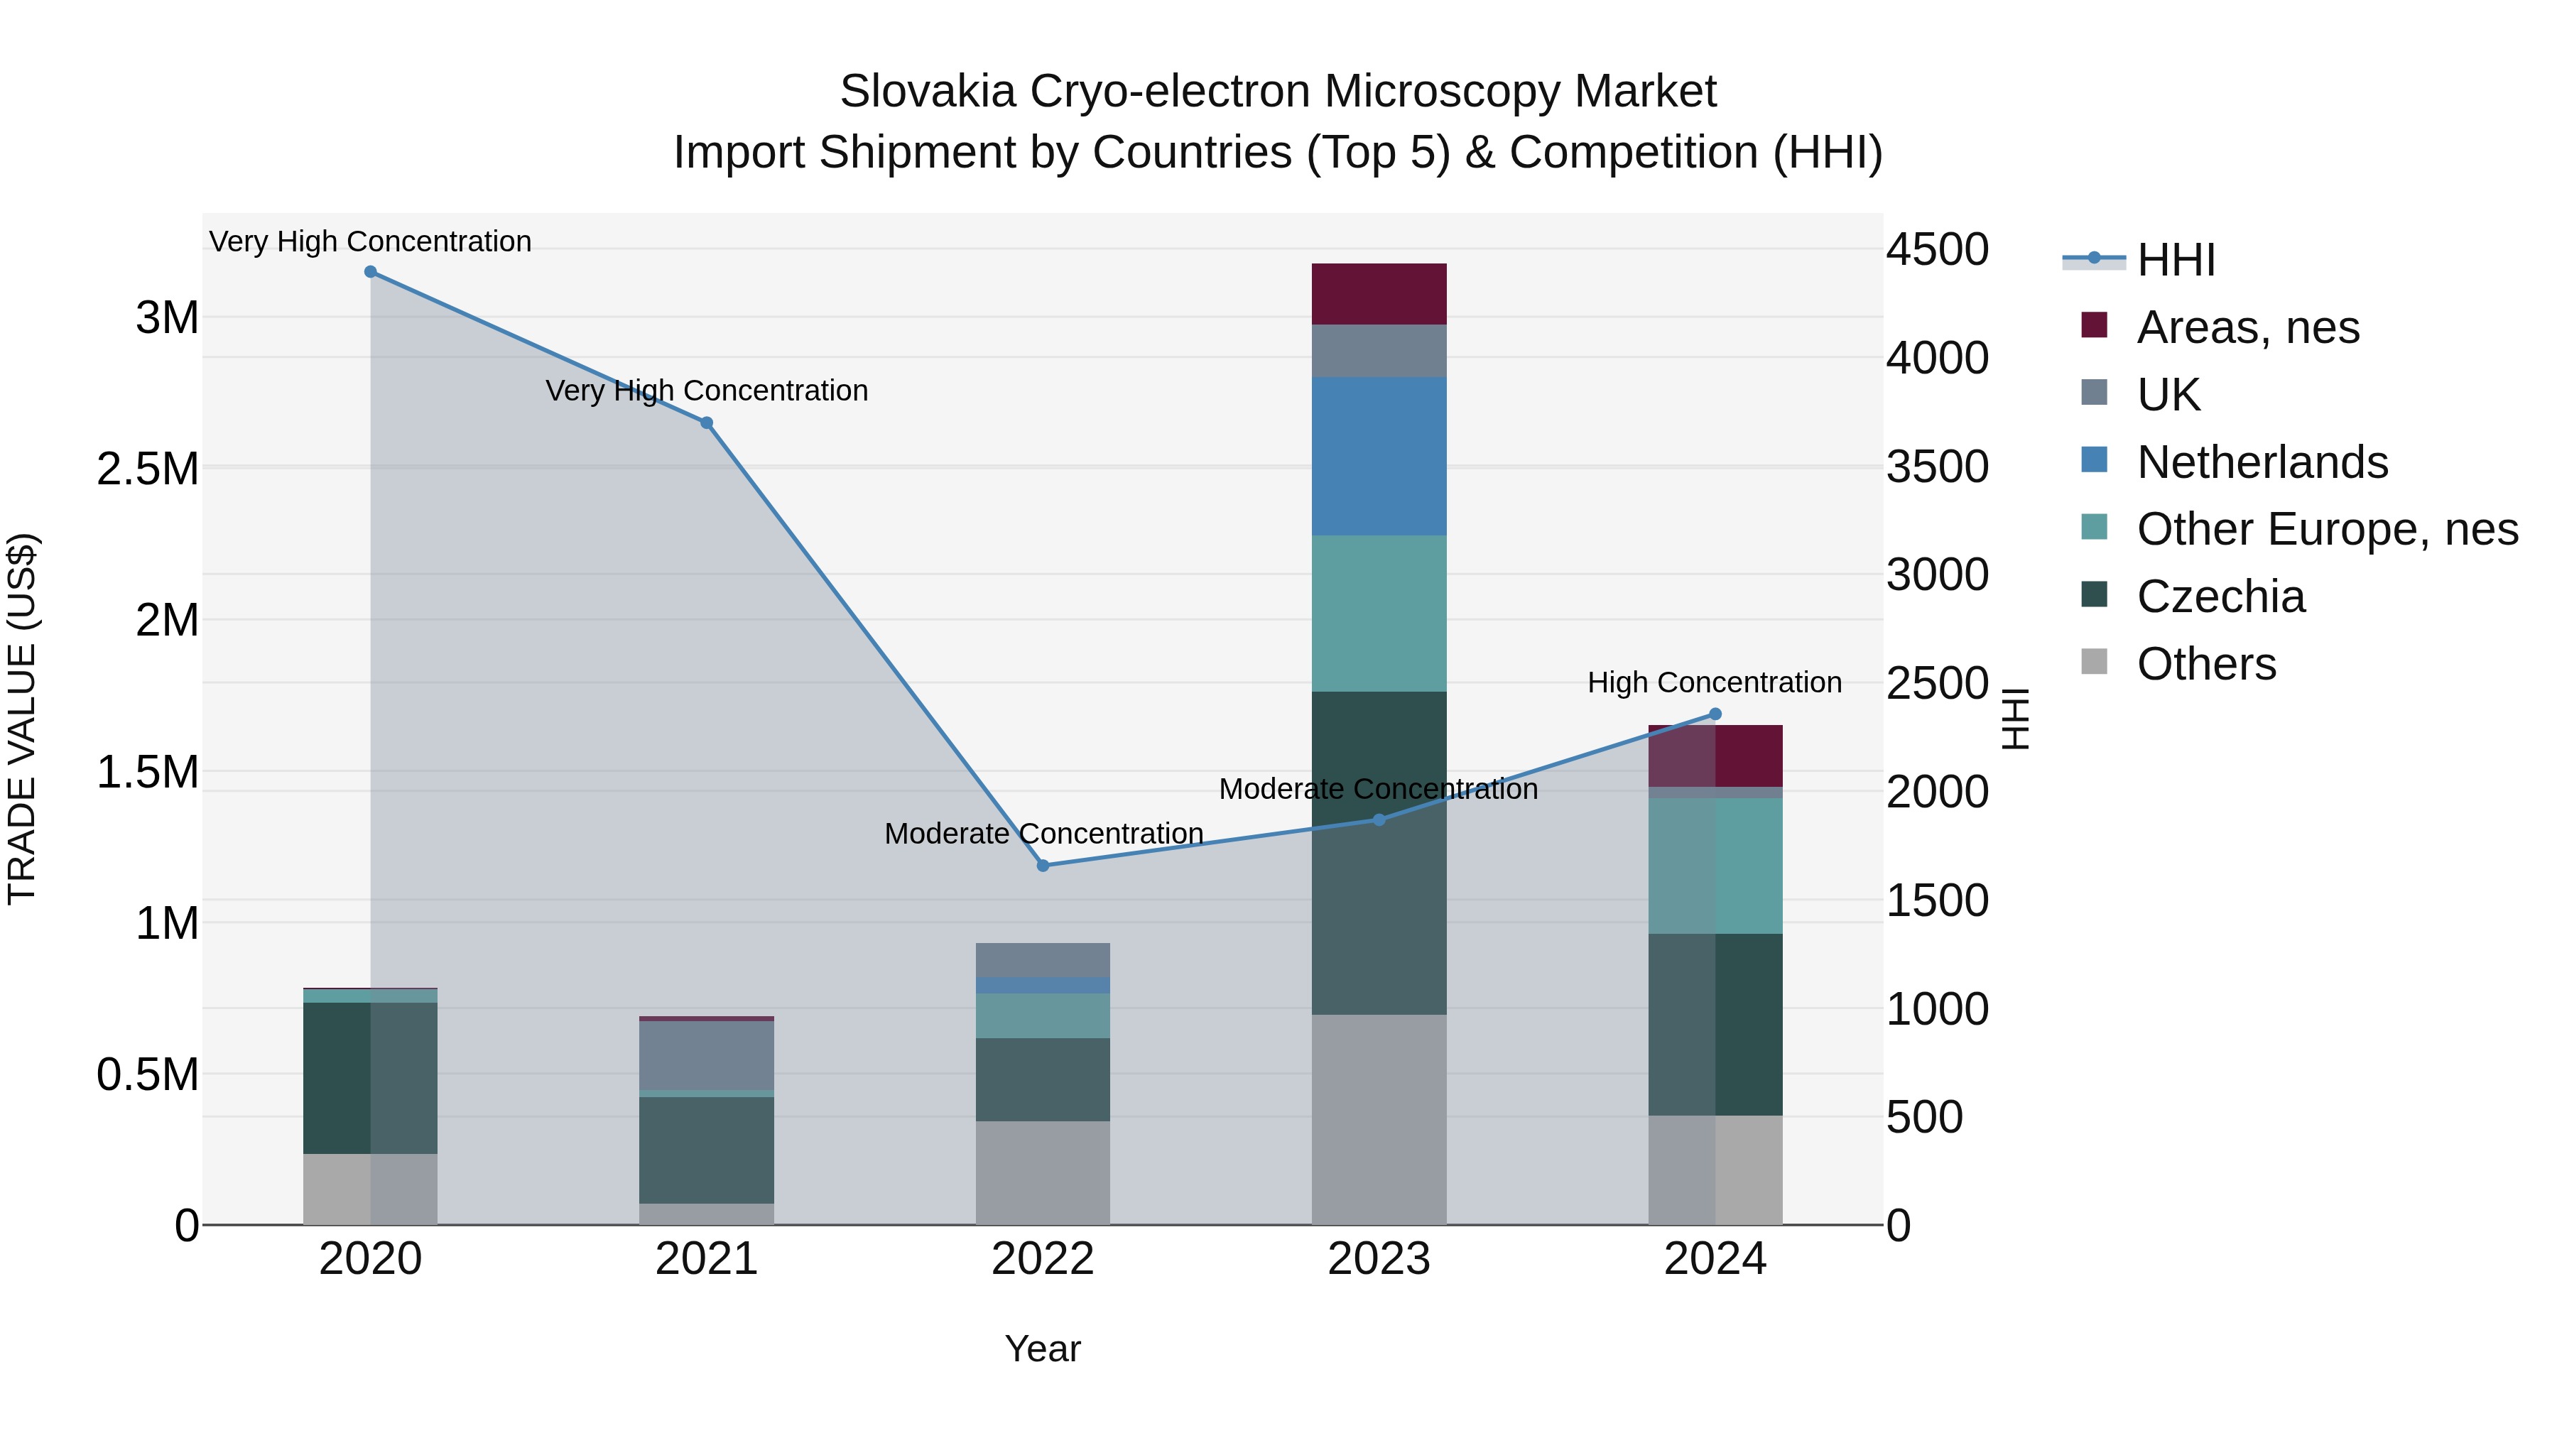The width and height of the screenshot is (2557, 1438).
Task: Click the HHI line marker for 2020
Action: [370, 272]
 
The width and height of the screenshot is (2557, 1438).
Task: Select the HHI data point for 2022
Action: [1042, 866]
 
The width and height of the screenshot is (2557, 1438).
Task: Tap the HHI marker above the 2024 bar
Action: [1715, 714]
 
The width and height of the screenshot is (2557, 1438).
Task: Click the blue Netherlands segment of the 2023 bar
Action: [1378, 457]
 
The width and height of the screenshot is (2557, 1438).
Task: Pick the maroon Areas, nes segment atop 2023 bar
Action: [1378, 294]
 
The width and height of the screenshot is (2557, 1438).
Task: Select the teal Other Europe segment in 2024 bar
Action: [1715, 866]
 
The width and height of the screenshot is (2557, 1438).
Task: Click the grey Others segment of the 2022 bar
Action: [1042, 1173]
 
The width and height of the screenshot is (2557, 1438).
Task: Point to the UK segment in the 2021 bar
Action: [706, 1055]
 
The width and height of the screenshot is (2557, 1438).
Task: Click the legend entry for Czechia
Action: [2220, 597]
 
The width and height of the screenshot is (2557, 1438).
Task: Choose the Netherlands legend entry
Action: [2262, 462]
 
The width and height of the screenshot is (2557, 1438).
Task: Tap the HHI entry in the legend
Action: [2175, 260]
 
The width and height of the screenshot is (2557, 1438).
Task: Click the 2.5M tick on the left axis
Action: [148, 469]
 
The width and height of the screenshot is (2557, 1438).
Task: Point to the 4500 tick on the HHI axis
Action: [1937, 249]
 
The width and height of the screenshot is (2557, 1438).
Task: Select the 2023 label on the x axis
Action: [1378, 1259]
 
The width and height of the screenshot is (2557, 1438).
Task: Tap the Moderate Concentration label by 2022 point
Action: [1043, 834]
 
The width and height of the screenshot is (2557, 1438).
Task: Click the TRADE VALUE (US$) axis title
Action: [22, 719]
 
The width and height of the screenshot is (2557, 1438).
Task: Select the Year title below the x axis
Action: [1042, 1349]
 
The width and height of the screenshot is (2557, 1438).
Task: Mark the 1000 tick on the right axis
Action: [1937, 1009]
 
